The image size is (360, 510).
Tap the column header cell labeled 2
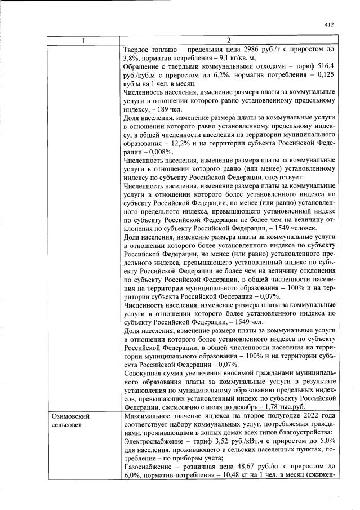coord(229,41)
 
